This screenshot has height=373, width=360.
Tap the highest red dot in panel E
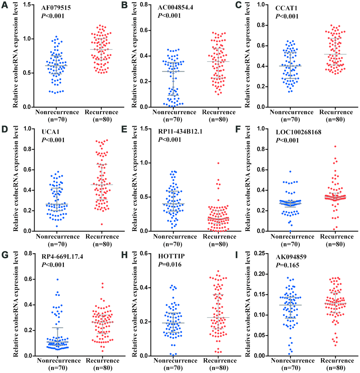pyautogui.click(x=218, y=163)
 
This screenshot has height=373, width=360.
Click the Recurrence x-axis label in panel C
pyautogui.click(x=336, y=112)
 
